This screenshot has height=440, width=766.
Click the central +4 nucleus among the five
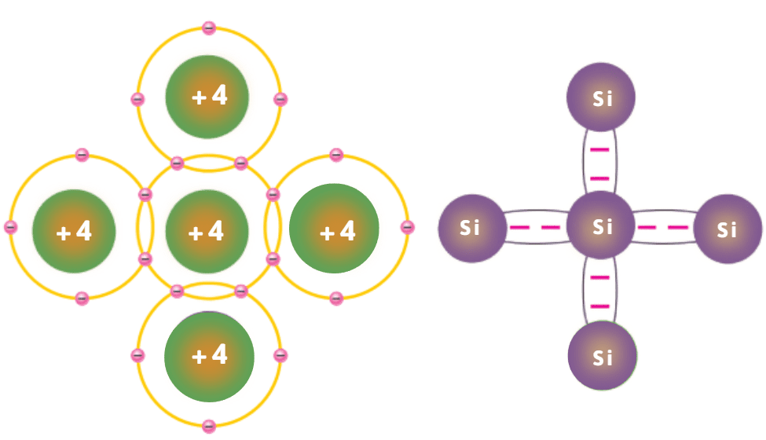coord(207,231)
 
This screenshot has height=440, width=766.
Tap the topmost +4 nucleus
coord(207,97)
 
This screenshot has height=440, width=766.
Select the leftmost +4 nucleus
coord(74,231)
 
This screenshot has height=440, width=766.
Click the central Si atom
coord(601,226)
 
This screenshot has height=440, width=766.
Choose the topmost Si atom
coord(601,98)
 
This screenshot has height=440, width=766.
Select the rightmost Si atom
coord(728,229)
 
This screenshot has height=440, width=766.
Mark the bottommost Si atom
coord(601,356)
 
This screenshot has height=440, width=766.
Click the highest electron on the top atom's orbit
coord(208,28)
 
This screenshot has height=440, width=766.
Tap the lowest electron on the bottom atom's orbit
coord(209,427)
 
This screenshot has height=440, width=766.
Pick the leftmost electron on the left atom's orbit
coord(10,227)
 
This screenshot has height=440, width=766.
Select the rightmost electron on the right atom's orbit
coord(407,227)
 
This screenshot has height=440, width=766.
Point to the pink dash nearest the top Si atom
coord(600,149)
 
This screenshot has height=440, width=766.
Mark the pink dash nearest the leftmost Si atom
coord(519,228)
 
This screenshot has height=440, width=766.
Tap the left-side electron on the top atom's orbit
coord(137,100)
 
